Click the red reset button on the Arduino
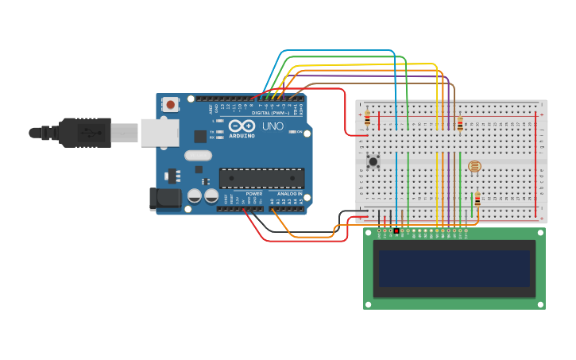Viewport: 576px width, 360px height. pos(170,104)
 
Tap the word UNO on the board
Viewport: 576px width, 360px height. pos(273,126)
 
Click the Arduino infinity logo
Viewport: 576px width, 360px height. pos(241,126)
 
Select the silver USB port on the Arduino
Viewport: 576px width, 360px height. pos(159,133)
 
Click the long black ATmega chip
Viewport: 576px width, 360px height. pos(261,180)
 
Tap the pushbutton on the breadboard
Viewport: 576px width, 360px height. pos(373,161)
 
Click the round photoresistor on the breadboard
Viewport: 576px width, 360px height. pos(474,166)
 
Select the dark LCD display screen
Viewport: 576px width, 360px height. pos(454,269)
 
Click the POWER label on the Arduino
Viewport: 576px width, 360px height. pos(254,193)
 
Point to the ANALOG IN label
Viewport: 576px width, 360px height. pos(289,193)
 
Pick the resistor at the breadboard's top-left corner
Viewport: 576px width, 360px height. pos(366,118)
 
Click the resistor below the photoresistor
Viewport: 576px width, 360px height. pos(477,199)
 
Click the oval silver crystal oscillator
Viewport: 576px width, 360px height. pos(199,156)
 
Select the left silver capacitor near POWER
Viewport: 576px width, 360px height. pos(195,195)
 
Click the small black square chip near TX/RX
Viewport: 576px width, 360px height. pos(200,137)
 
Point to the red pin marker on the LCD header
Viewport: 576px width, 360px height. pos(396,231)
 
